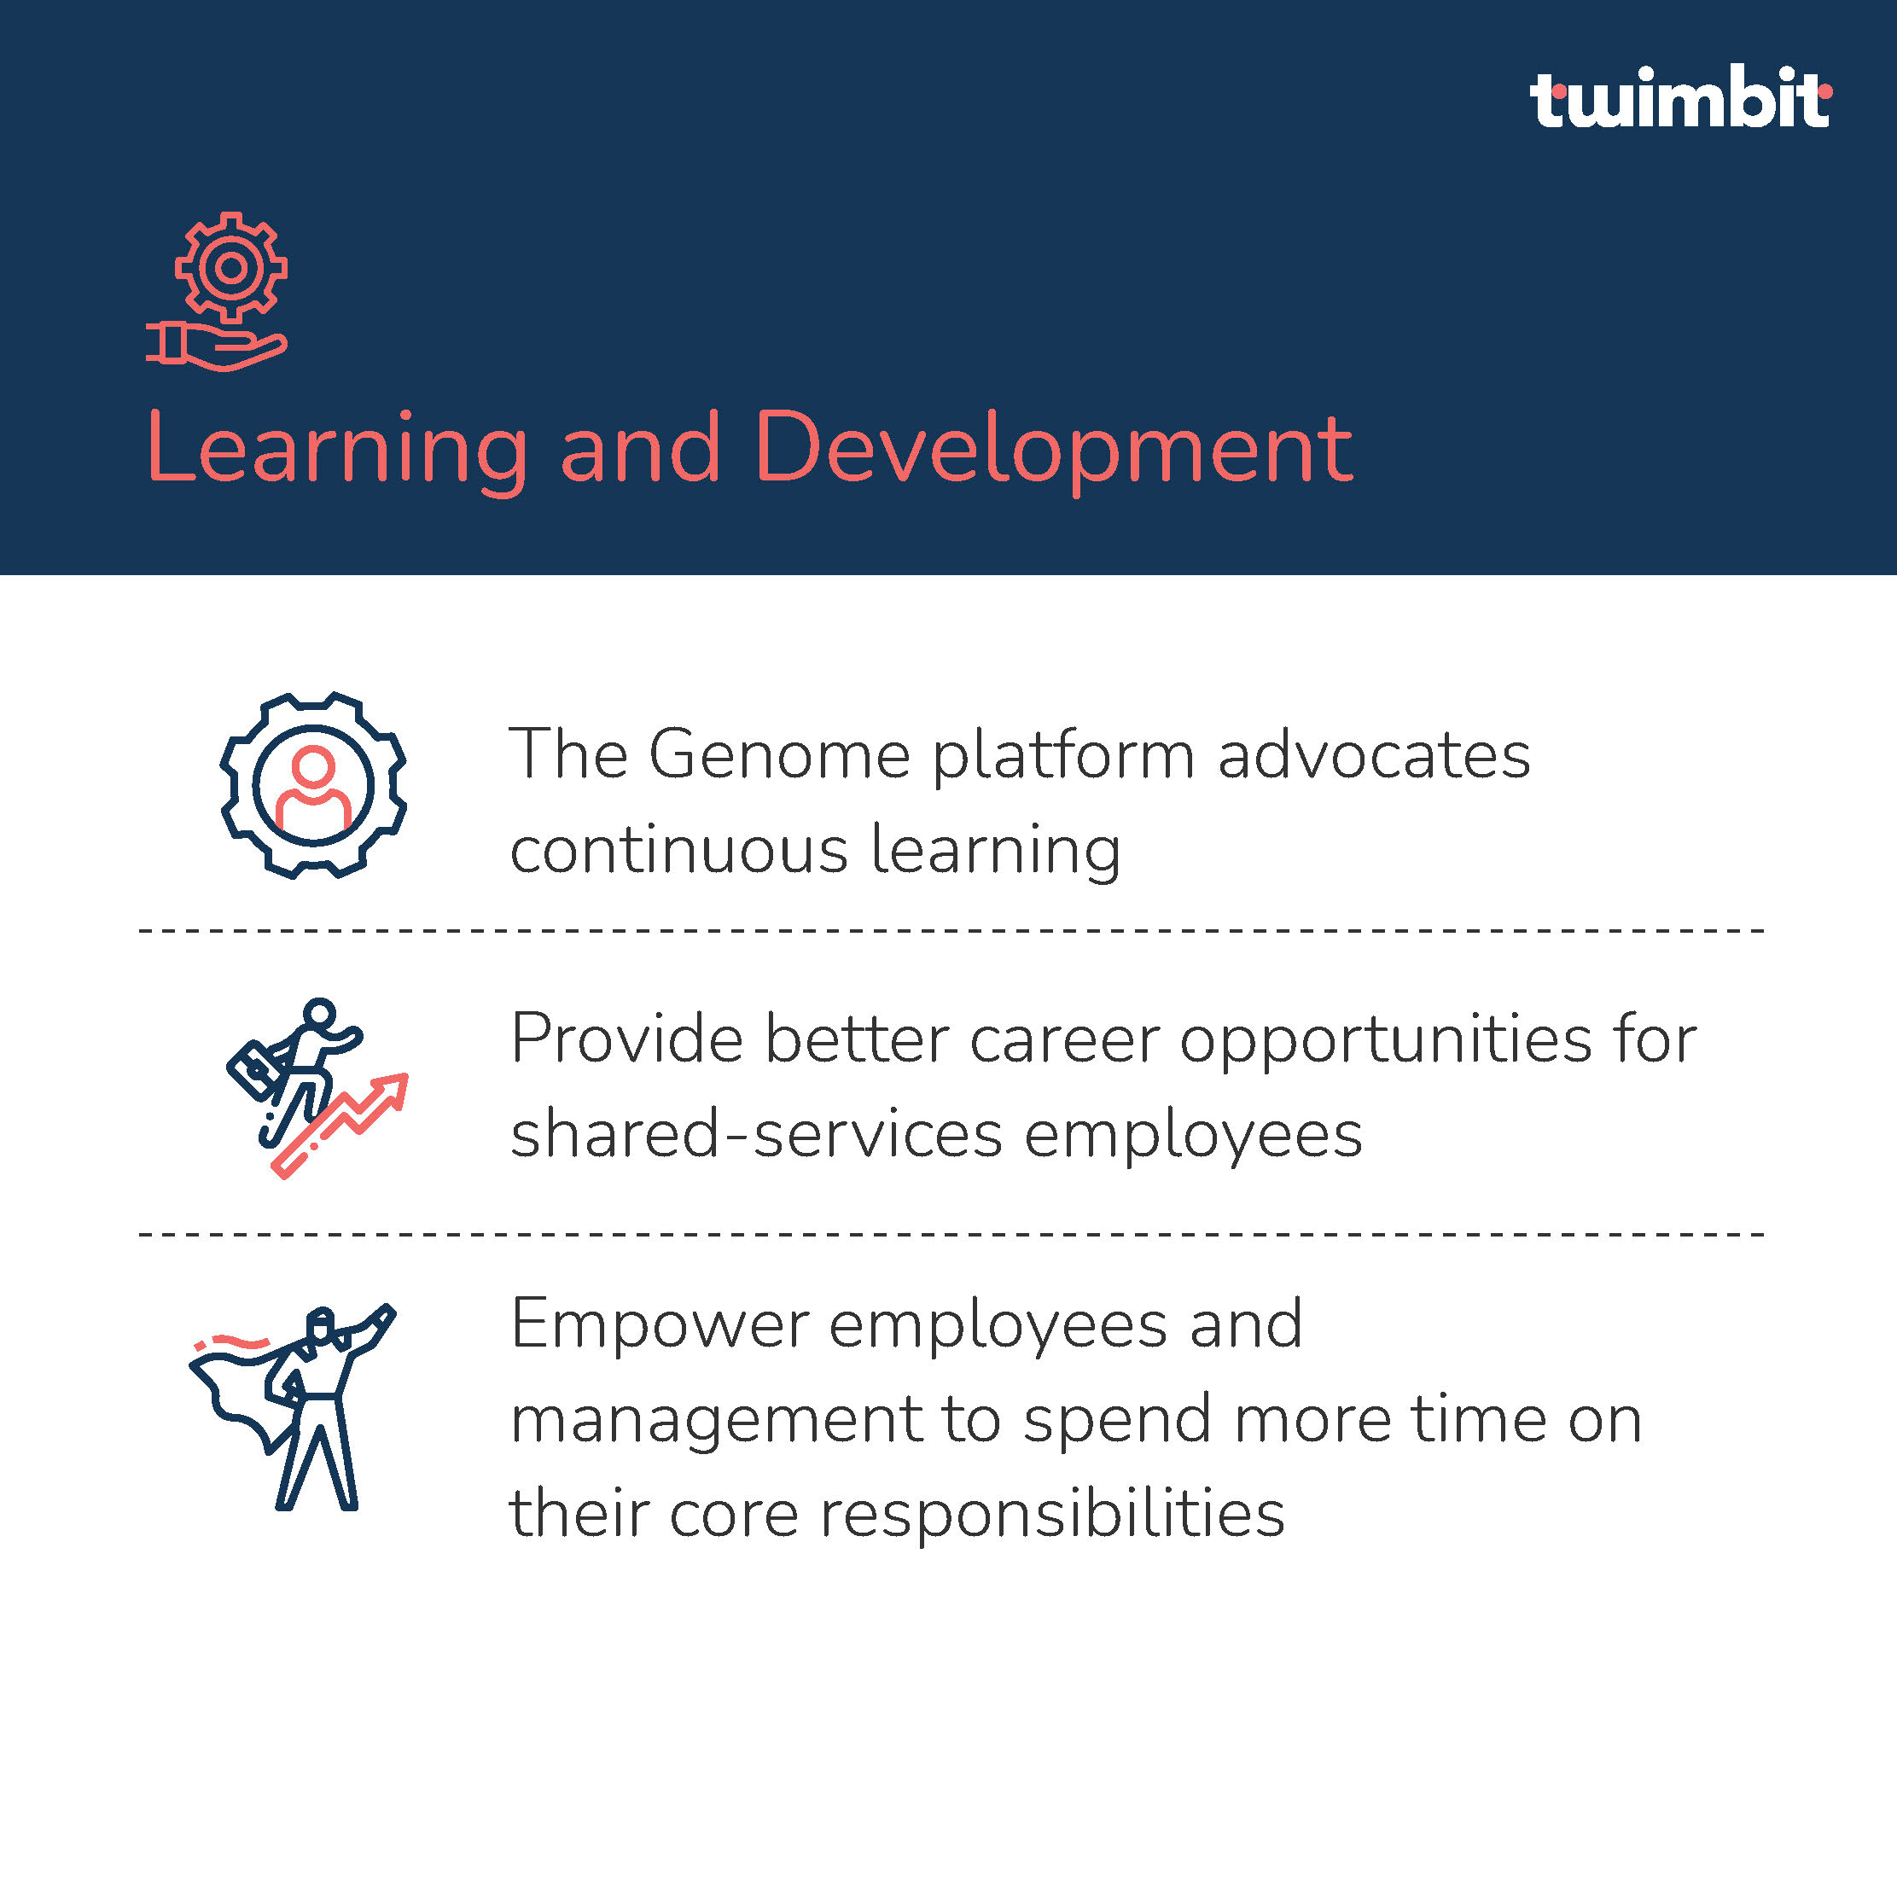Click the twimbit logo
[x=1680, y=97]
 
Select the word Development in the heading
[x=1054, y=451]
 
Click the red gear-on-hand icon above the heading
[x=217, y=292]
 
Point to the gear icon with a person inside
[x=313, y=785]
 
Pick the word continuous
[x=679, y=849]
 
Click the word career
[x=1064, y=1040]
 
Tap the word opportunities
[x=1386, y=1041]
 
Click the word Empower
[x=660, y=1324]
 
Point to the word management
[x=717, y=1421]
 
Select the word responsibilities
[x=1051, y=1513]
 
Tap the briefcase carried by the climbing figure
[x=252, y=1071]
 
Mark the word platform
[x=1063, y=756]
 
